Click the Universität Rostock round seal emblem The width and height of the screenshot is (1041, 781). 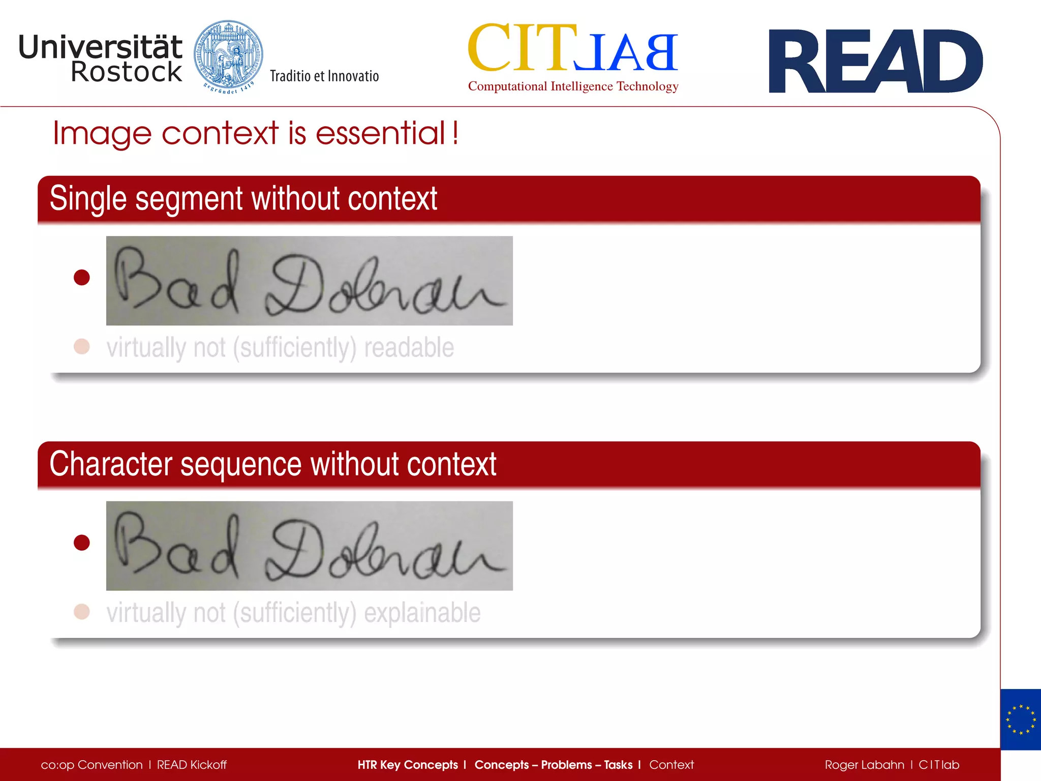tap(228, 56)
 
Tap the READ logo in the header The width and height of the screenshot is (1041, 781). tap(875, 62)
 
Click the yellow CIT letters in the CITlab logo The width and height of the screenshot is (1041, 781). tap(522, 48)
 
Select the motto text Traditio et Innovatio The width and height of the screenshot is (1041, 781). tap(324, 76)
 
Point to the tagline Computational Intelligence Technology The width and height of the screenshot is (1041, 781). tap(573, 86)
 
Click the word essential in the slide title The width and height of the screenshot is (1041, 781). tap(381, 133)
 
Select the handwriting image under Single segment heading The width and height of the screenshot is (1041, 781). tap(309, 281)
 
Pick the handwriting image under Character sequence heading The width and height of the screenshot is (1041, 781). tap(309, 546)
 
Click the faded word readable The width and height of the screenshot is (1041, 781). tap(409, 348)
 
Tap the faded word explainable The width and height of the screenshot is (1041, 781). tap(422, 613)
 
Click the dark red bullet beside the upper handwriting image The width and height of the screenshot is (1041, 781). tap(82, 278)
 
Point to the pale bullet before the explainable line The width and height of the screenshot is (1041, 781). tap(82, 611)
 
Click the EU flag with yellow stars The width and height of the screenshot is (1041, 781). tap(1020, 719)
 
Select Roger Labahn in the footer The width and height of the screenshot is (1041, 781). tap(864, 765)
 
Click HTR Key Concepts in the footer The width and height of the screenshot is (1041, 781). tap(408, 765)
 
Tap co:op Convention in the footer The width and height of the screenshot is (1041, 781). tap(91, 765)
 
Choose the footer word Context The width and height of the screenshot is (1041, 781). tap(671, 765)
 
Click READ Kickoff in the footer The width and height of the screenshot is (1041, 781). tap(192, 765)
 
